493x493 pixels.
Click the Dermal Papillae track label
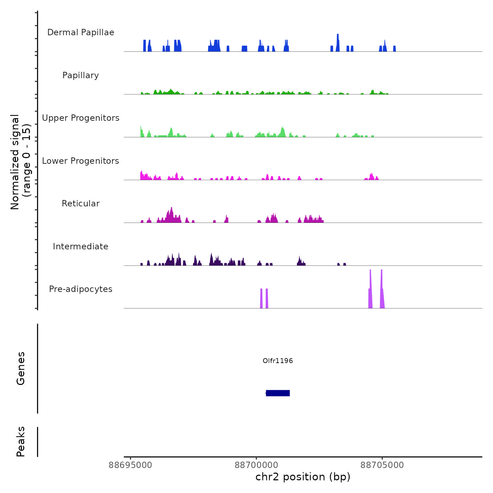pyautogui.click(x=81, y=32)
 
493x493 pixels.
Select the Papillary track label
pyautogui.click(x=81, y=75)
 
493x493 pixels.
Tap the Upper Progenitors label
pyautogui.click(x=81, y=118)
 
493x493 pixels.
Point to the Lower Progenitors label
pyautogui.click(x=81, y=161)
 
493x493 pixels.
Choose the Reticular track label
pyautogui.click(x=81, y=204)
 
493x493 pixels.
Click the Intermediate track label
pyautogui.click(x=81, y=246)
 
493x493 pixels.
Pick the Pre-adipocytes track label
pyautogui.click(x=81, y=289)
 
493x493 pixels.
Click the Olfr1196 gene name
pyautogui.click(x=278, y=361)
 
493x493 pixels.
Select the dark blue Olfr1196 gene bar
pyautogui.click(x=278, y=393)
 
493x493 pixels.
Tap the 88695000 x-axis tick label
pyautogui.click(x=131, y=465)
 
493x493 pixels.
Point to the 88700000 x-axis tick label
pyautogui.click(x=256, y=465)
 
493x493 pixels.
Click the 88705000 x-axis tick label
pyautogui.click(x=382, y=465)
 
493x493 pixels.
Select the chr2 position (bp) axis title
pyautogui.click(x=303, y=477)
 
